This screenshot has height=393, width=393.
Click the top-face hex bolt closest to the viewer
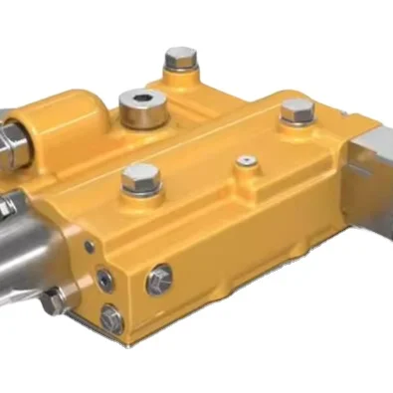tap(140, 178)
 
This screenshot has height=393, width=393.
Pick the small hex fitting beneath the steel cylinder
tap(55, 299)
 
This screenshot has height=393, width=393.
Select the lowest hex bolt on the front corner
tap(111, 319)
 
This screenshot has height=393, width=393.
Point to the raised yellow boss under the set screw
tap(242, 169)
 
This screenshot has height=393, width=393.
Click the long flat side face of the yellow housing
tap(249, 259)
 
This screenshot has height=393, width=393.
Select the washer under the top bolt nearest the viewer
tap(140, 191)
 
